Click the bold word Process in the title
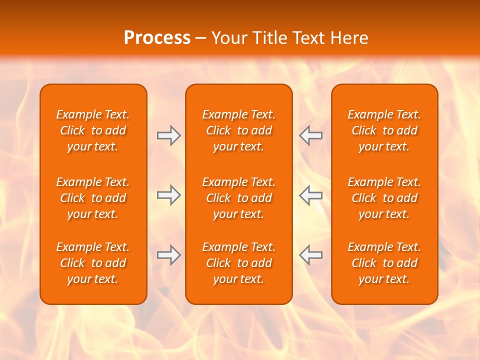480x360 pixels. click(157, 38)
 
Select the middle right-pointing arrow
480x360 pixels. click(168, 195)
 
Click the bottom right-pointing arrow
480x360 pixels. click(168, 255)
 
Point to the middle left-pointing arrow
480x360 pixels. click(310, 195)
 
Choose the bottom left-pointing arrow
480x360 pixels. click(310, 255)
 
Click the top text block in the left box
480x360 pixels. click(93, 130)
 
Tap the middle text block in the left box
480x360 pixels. click(93, 198)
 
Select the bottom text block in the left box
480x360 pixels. click(93, 263)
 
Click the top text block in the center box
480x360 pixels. click(238, 130)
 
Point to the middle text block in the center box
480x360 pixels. click(238, 198)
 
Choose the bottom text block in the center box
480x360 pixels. click(238, 263)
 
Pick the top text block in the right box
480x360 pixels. click(384, 130)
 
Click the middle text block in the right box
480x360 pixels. click(384, 198)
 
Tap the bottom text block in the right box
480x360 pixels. click(384, 263)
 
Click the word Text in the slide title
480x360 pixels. click(308, 38)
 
